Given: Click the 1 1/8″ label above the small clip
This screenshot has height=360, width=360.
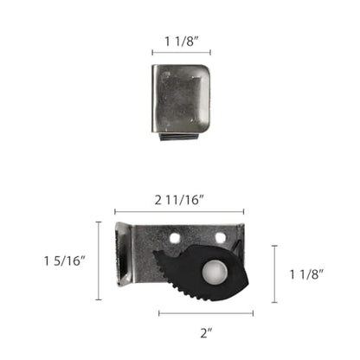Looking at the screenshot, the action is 182,42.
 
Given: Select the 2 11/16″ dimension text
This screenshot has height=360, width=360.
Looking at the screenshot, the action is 179,200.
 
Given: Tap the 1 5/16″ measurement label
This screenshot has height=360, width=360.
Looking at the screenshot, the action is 65,260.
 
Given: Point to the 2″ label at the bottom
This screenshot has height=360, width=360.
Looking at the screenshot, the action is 206,333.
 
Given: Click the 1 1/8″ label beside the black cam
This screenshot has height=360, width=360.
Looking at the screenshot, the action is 306,274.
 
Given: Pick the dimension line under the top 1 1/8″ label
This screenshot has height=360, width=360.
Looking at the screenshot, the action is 182,53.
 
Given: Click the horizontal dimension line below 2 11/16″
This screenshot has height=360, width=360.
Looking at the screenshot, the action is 179,212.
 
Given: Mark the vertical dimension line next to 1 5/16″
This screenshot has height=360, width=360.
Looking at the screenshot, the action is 99,260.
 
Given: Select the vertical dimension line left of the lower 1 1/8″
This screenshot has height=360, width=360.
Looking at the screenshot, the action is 274,274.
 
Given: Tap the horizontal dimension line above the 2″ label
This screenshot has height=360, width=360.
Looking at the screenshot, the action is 206,313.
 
